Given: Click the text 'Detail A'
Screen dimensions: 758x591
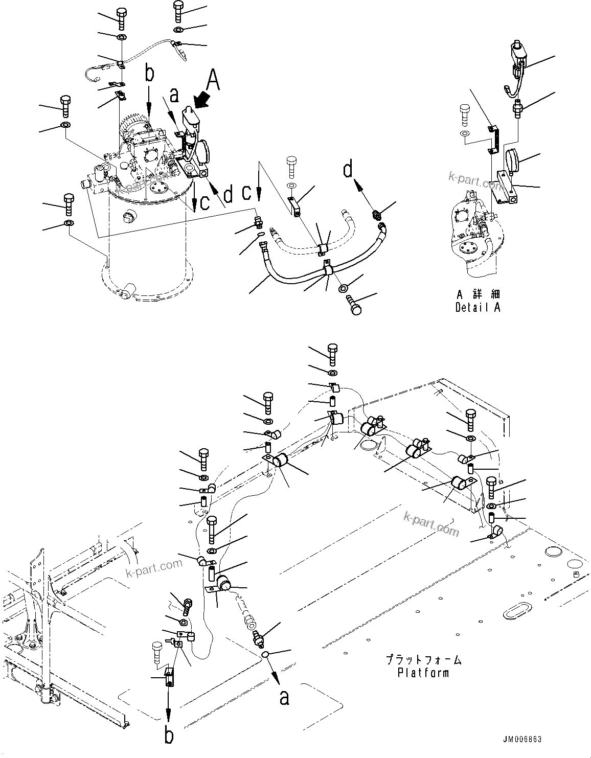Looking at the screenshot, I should [478, 307].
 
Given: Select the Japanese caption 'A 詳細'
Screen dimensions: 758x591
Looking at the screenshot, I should [478, 294].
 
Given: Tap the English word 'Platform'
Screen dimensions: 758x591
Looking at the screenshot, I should [423, 673].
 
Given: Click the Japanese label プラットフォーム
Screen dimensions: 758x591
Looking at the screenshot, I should [423, 660].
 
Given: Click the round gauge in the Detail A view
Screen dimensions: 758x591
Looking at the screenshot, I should [512, 161].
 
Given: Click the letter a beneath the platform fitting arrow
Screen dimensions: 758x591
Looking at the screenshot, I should [284, 697].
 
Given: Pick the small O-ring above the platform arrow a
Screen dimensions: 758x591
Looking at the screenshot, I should [265, 656].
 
